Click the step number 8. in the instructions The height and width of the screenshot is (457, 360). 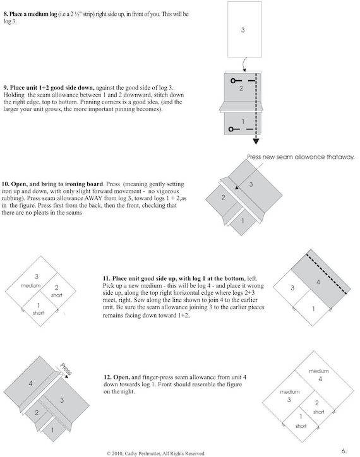[x=6, y=14]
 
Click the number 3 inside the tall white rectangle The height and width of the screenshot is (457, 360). [x=243, y=30]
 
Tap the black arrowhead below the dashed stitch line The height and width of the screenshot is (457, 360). [x=256, y=141]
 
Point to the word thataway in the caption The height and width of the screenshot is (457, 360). [x=340, y=157]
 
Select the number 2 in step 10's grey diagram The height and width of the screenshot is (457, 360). [x=223, y=198]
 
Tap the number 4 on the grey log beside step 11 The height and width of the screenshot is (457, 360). [x=318, y=282]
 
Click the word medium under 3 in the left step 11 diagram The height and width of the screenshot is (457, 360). [x=31, y=285]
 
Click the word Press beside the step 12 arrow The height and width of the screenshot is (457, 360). [x=66, y=369]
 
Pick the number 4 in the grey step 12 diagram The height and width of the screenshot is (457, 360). [x=30, y=383]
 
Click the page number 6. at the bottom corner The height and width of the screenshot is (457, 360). [x=344, y=451]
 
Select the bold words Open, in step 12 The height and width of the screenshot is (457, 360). [x=121, y=377]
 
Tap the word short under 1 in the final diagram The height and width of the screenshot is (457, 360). [x=301, y=426]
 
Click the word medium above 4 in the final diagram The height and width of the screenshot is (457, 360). [x=319, y=371]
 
